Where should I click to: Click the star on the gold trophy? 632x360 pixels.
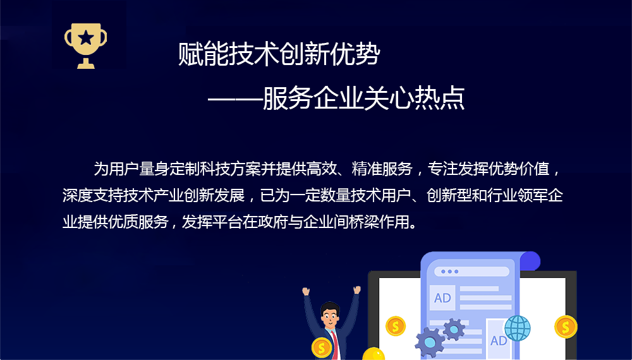86,39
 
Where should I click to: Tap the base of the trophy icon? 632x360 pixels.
86,64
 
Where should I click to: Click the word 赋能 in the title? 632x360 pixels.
203,54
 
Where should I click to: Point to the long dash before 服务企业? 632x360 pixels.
235,99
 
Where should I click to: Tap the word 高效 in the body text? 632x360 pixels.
322,169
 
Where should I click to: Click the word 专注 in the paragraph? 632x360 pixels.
442,169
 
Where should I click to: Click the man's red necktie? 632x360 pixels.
334,345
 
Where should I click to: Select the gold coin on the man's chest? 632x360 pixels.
322,347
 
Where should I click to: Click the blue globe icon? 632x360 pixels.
518,328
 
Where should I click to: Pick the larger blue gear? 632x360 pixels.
430,342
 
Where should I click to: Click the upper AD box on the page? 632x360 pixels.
442,298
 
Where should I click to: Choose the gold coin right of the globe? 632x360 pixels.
566,327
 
